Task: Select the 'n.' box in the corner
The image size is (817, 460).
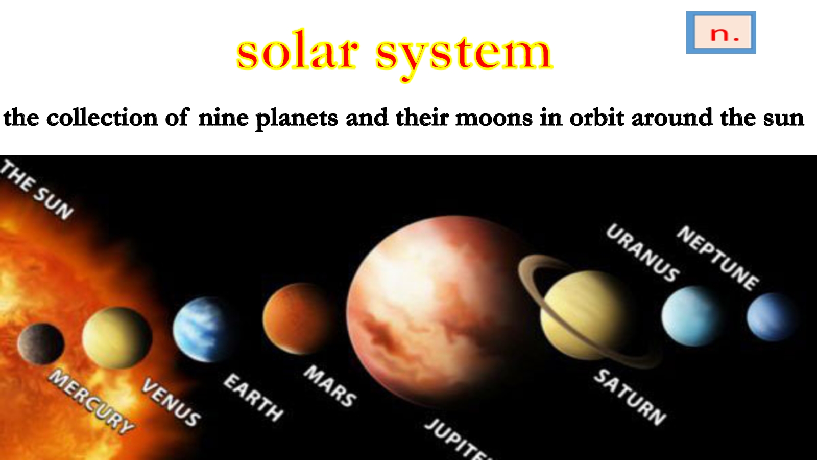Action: [x=721, y=33]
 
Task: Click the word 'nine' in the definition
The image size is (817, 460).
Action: [x=223, y=118]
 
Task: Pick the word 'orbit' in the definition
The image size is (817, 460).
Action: [x=596, y=117]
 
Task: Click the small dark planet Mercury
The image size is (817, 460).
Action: [x=40, y=344]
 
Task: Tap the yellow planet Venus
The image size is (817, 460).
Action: [x=117, y=338]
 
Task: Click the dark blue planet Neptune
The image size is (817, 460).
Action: [x=772, y=317]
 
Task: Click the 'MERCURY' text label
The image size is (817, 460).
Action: [x=91, y=402]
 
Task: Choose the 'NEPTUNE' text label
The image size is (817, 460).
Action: [x=718, y=258]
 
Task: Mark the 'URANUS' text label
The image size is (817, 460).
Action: [x=643, y=253]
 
